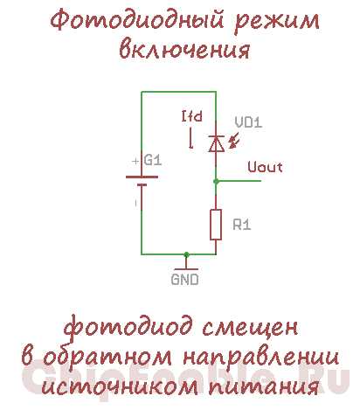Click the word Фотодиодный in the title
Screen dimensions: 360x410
137,20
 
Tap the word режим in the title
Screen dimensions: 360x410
277,21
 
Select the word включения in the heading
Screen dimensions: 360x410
184,49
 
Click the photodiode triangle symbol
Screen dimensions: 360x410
216,143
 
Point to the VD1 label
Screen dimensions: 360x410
248,122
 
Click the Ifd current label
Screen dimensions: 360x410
192,116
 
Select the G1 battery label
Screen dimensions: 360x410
153,160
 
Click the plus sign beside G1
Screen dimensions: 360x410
135,161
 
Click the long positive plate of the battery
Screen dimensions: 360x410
142,177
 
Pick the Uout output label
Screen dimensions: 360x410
265,167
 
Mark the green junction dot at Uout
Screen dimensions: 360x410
216,181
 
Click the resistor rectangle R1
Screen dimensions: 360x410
216,225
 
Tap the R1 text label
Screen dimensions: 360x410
242,225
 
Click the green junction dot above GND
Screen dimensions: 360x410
186,254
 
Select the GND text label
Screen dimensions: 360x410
184,280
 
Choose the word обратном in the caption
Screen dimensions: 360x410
107,356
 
